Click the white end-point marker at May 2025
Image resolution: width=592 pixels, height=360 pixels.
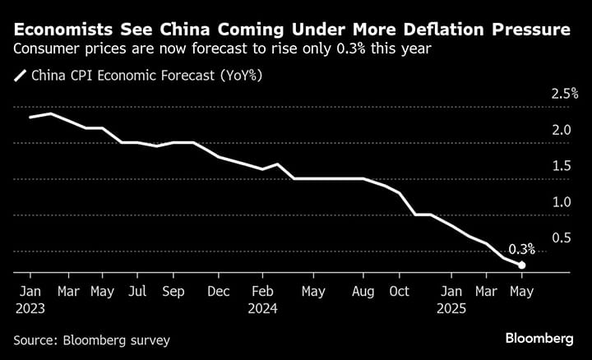click(521, 265)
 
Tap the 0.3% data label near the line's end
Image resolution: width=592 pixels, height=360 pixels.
click(521, 248)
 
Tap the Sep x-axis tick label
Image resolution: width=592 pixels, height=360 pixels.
click(173, 291)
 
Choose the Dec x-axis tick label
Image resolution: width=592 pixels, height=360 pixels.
click(219, 291)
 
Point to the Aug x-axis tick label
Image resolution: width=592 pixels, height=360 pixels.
click(363, 291)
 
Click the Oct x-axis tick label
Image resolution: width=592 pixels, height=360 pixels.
click(399, 291)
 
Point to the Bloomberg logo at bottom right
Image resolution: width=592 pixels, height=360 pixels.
click(539, 339)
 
